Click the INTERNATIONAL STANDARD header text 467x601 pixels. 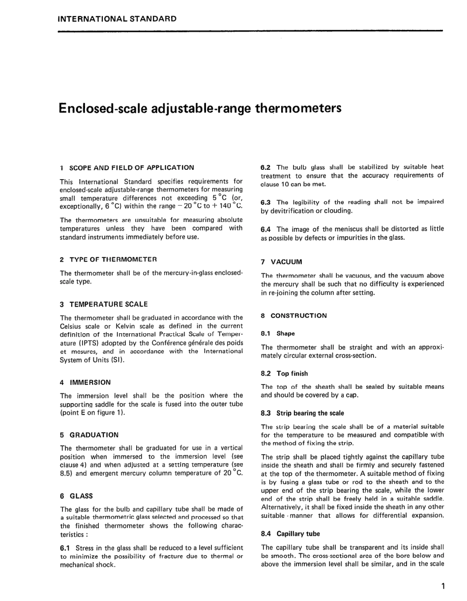click(x=117, y=19)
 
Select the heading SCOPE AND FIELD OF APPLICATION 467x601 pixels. click(x=131, y=167)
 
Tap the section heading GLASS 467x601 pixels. click(x=81, y=496)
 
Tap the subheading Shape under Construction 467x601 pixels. click(x=285, y=333)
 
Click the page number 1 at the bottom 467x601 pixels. click(x=443, y=586)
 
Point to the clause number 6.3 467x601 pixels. click(x=266, y=202)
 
